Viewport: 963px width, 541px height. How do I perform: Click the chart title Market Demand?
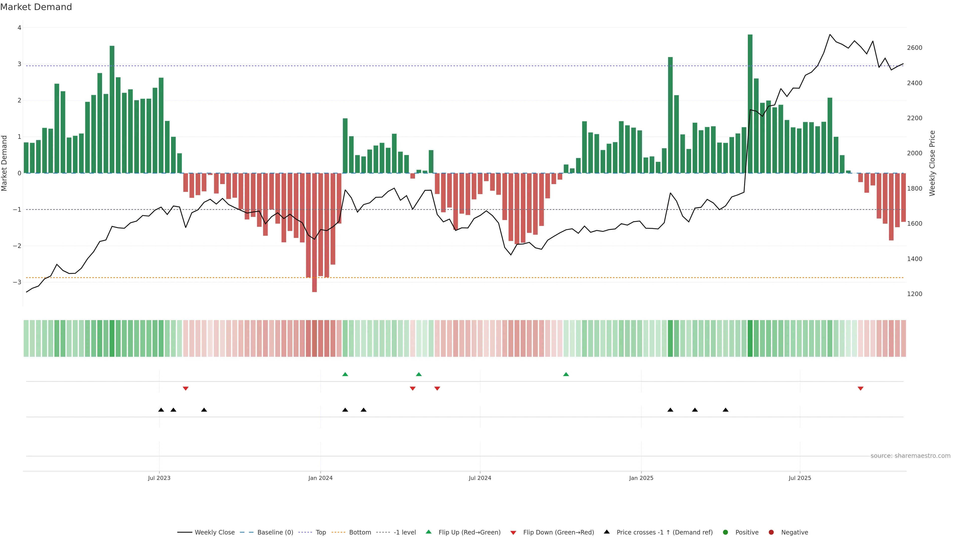pos(36,7)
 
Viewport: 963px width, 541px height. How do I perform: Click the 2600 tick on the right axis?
pos(914,48)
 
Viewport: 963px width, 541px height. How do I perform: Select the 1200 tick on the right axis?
pos(914,294)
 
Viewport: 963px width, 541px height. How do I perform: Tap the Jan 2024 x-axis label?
pos(320,478)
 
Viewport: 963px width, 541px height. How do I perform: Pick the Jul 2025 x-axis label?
pos(800,478)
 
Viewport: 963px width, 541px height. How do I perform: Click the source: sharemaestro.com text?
pos(910,456)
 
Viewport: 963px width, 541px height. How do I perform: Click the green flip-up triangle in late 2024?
pos(566,374)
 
